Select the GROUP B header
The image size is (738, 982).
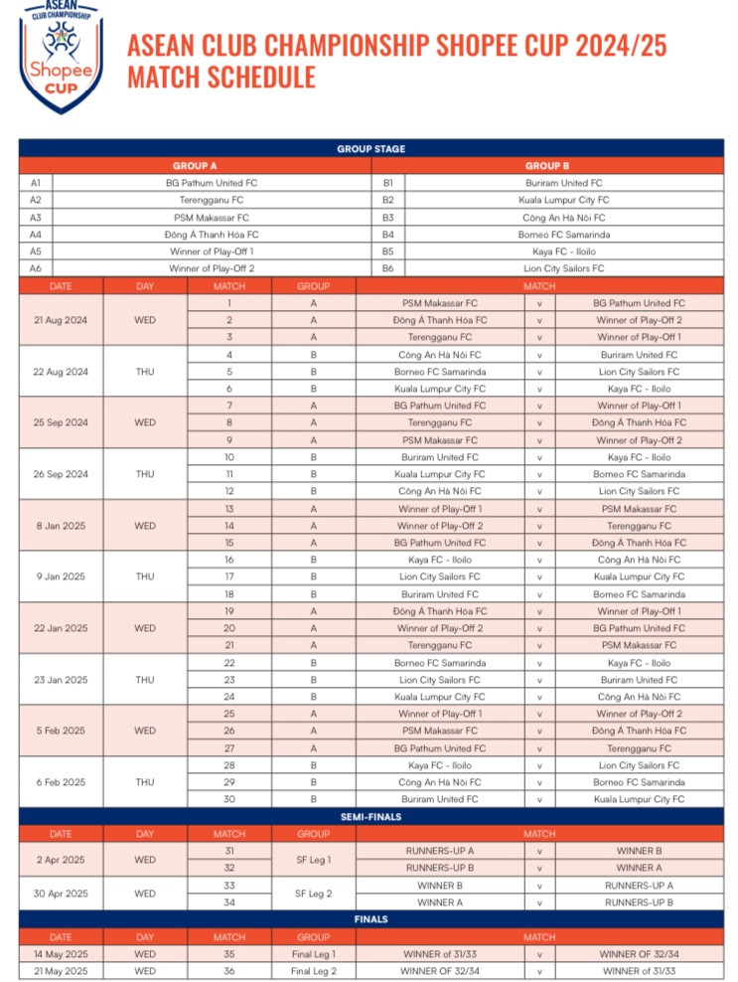pos(542,166)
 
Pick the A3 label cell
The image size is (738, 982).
pos(36,218)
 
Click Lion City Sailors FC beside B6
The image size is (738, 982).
pos(563,268)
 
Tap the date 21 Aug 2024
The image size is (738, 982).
pos(61,320)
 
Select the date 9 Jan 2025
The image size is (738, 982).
pos(61,576)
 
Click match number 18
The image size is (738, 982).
pos(229,594)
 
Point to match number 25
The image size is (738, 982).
pos(229,714)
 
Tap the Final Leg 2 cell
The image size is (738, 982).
pos(313,970)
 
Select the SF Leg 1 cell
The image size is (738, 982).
pos(313,859)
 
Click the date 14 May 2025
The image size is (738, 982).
pos(61,953)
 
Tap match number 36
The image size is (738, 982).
pos(229,970)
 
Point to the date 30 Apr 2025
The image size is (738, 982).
pos(61,894)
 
